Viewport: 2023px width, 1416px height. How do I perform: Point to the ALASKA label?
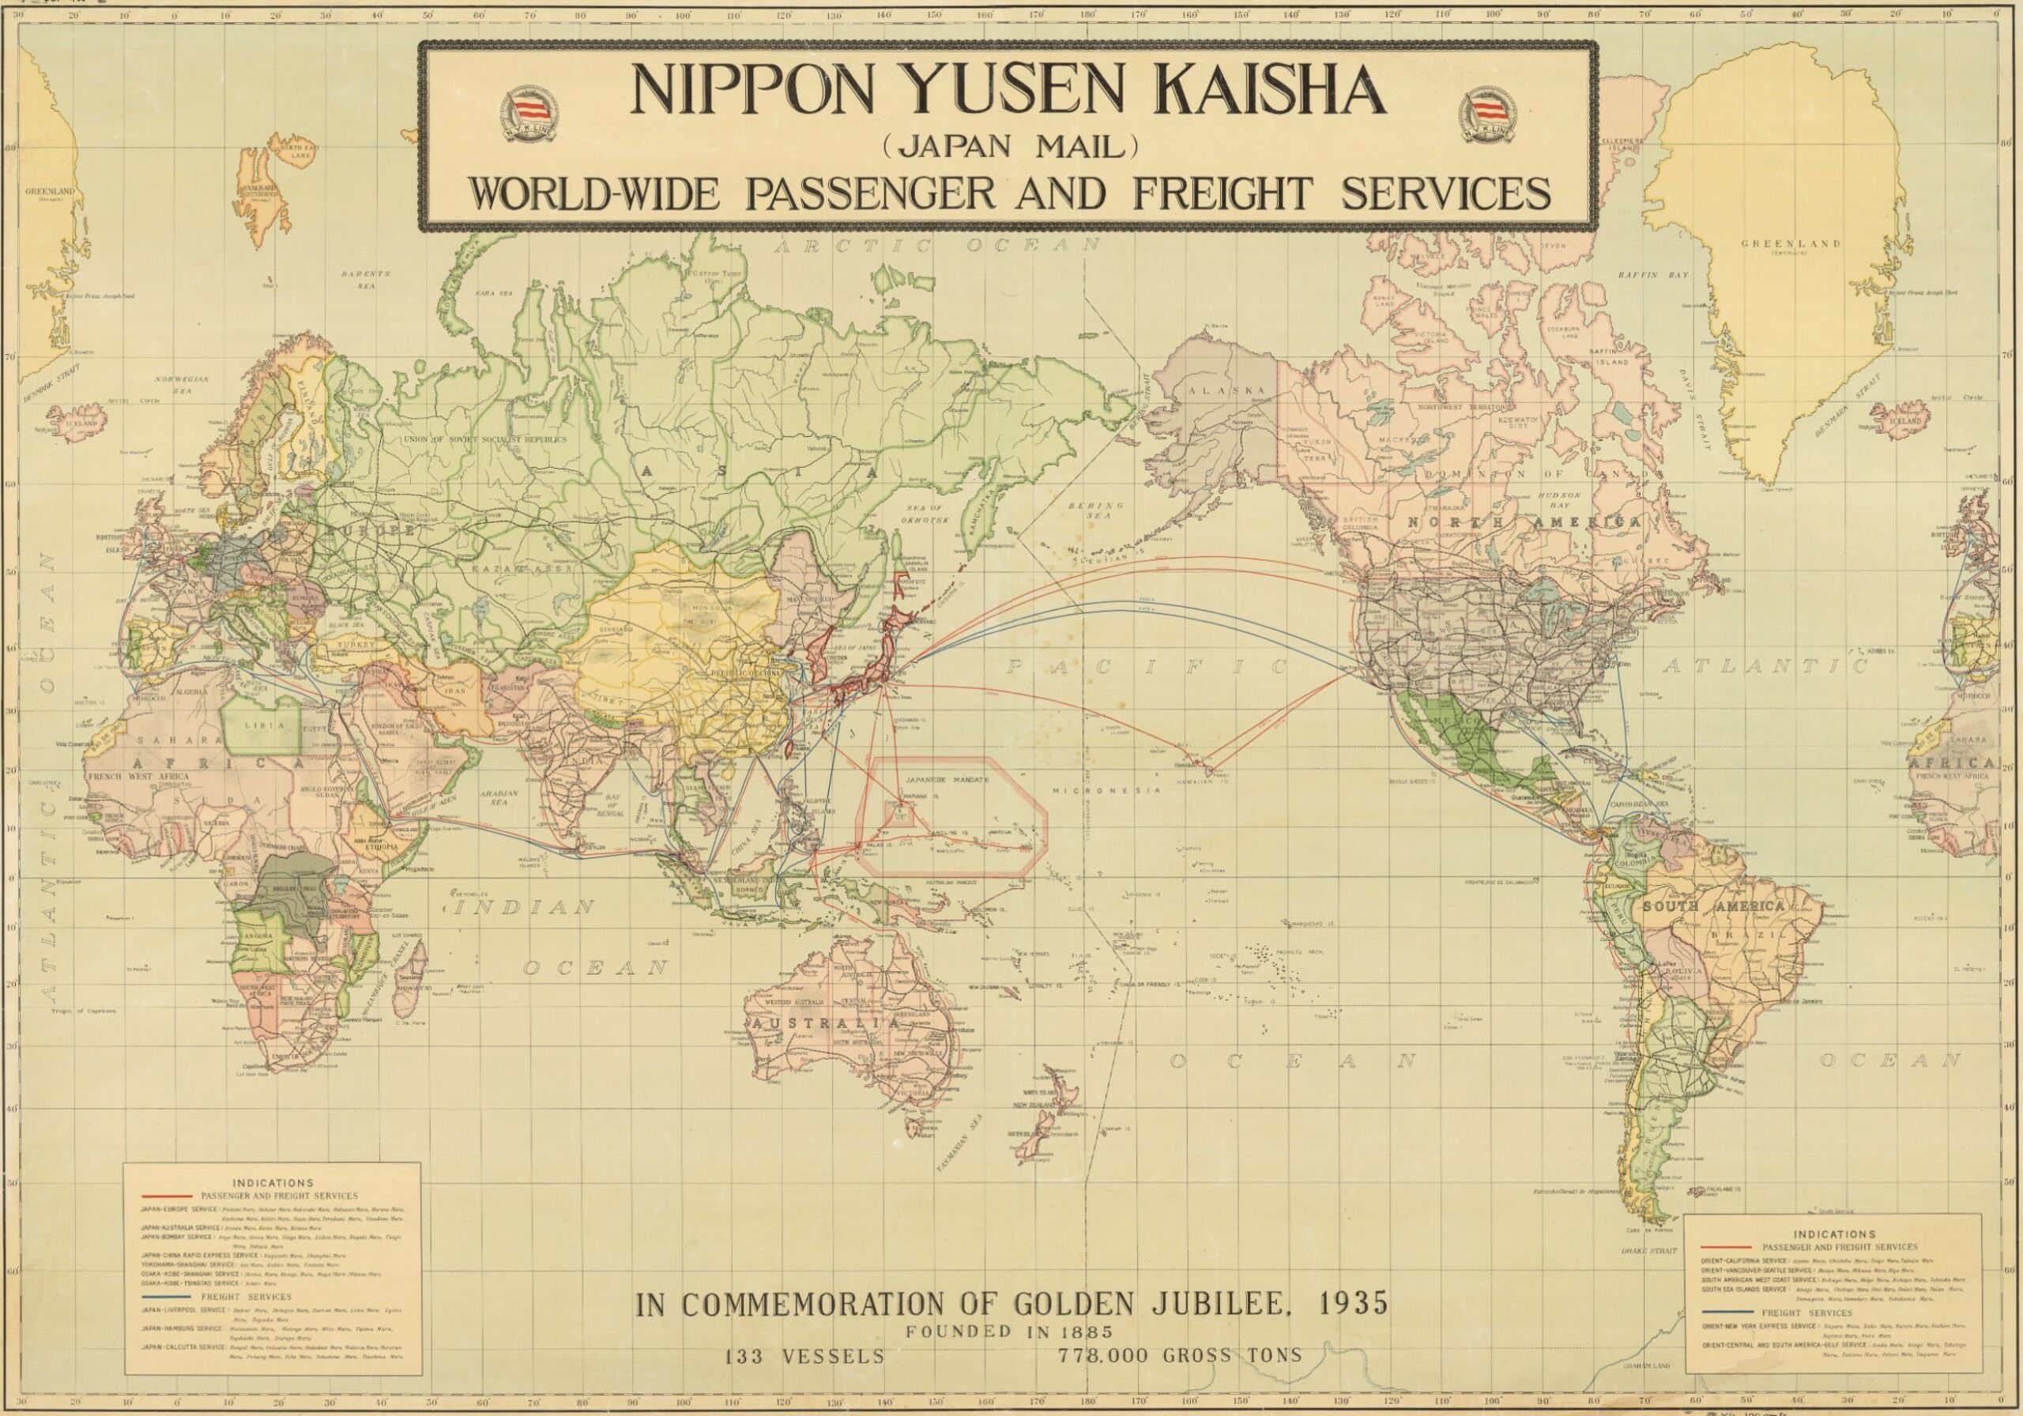[1226, 390]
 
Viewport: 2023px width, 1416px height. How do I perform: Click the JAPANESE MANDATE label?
[948, 780]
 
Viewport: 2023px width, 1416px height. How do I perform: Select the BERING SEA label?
[1095, 510]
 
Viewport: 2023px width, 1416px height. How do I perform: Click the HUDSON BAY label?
[1560, 500]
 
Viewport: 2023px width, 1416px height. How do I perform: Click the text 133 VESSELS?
[804, 1356]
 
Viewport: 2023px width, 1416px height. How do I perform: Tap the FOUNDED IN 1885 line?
[1011, 1331]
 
